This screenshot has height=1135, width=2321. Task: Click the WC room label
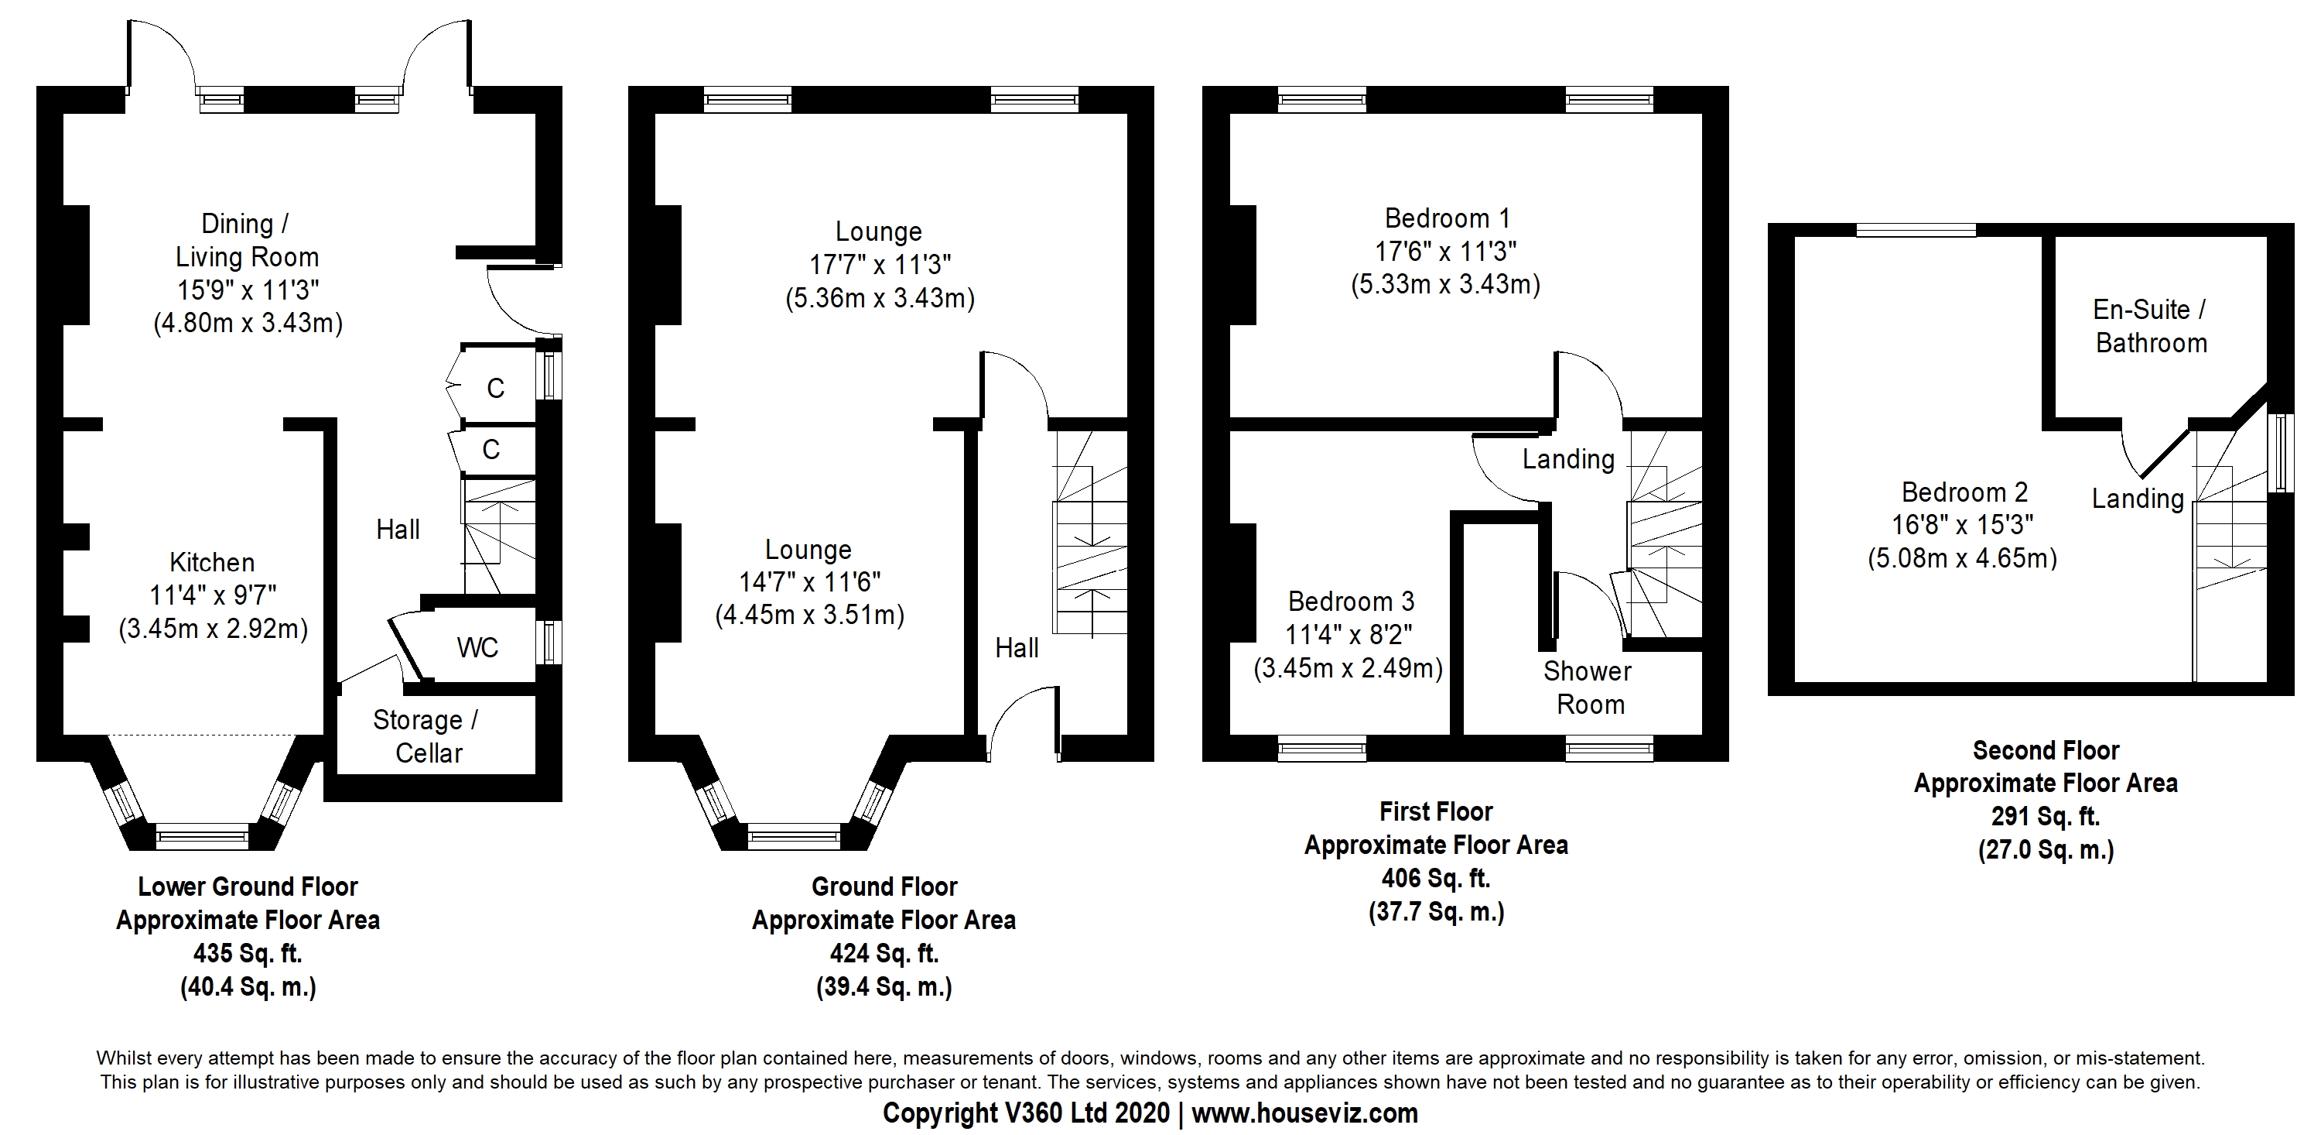(x=477, y=647)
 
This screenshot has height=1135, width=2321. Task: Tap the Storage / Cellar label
(x=426, y=736)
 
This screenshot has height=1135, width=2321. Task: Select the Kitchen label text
(x=213, y=563)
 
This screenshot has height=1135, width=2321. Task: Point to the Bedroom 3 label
(x=1352, y=602)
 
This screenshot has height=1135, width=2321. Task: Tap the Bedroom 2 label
(x=1964, y=492)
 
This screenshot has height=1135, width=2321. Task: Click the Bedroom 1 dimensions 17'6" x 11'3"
(x=1445, y=252)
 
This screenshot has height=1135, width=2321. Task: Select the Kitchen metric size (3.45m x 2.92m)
(x=214, y=629)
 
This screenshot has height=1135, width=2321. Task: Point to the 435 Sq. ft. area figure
(x=248, y=953)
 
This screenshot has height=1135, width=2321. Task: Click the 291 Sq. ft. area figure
(x=2046, y=817)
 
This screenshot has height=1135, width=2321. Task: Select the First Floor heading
(x=1436, y=811)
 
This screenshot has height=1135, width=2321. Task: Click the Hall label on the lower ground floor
(x=398, y=530)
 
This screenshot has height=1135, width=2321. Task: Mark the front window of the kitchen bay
(x=202, y=837)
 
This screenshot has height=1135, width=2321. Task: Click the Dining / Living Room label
(x=247, y=240)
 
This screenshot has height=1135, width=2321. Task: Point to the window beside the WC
(x=549, y=643)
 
